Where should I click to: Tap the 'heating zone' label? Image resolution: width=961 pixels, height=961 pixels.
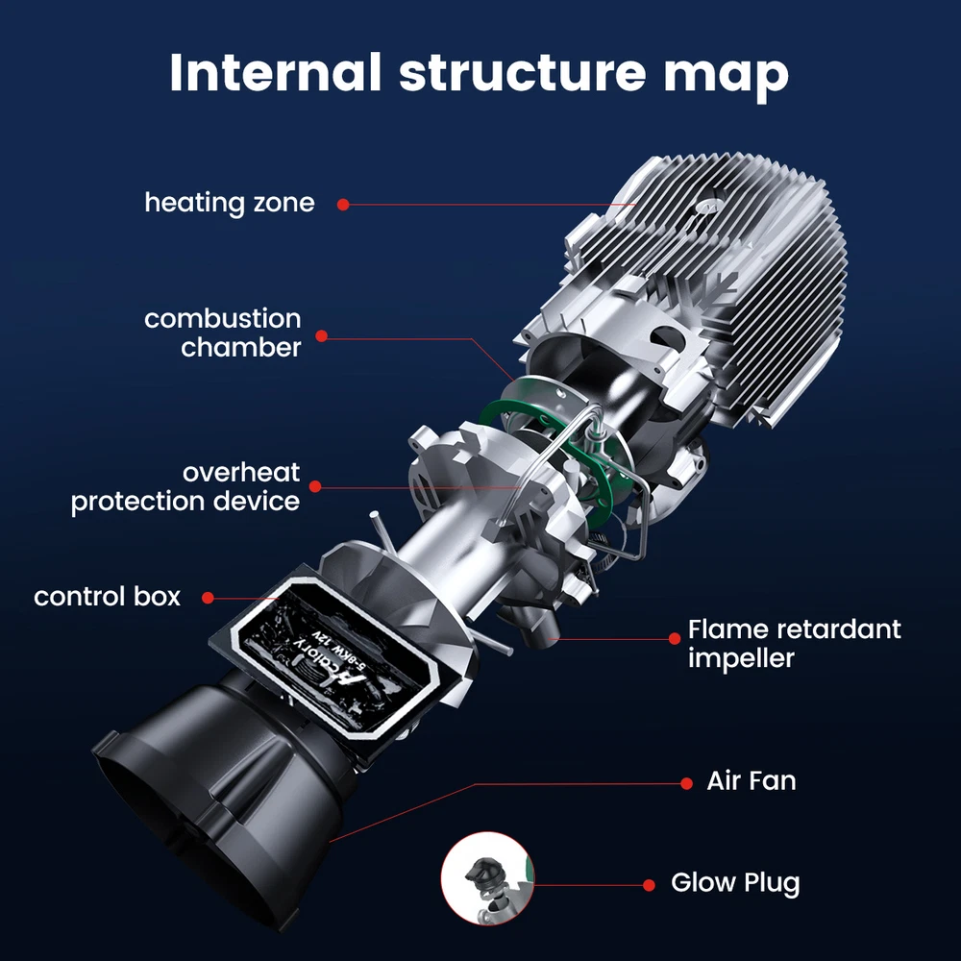(229, 203)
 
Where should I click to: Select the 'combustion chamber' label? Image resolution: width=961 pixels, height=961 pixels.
(223, 333)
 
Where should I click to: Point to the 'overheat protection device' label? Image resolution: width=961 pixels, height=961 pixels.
(185, 486)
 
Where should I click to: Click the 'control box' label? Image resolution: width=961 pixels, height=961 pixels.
(107, 597)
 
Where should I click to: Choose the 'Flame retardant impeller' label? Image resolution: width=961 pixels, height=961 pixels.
(794, 644)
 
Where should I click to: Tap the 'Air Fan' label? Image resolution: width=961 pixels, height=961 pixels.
(752, 780)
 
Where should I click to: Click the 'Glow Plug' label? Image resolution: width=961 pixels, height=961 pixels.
(734, 882)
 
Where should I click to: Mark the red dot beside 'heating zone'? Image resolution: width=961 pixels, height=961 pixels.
(342, 204)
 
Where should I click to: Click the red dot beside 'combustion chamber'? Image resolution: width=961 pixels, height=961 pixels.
(322, 335)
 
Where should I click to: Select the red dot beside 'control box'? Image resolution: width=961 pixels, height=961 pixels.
(206, 598)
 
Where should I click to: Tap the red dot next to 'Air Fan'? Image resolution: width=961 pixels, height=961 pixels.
(686, 783)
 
